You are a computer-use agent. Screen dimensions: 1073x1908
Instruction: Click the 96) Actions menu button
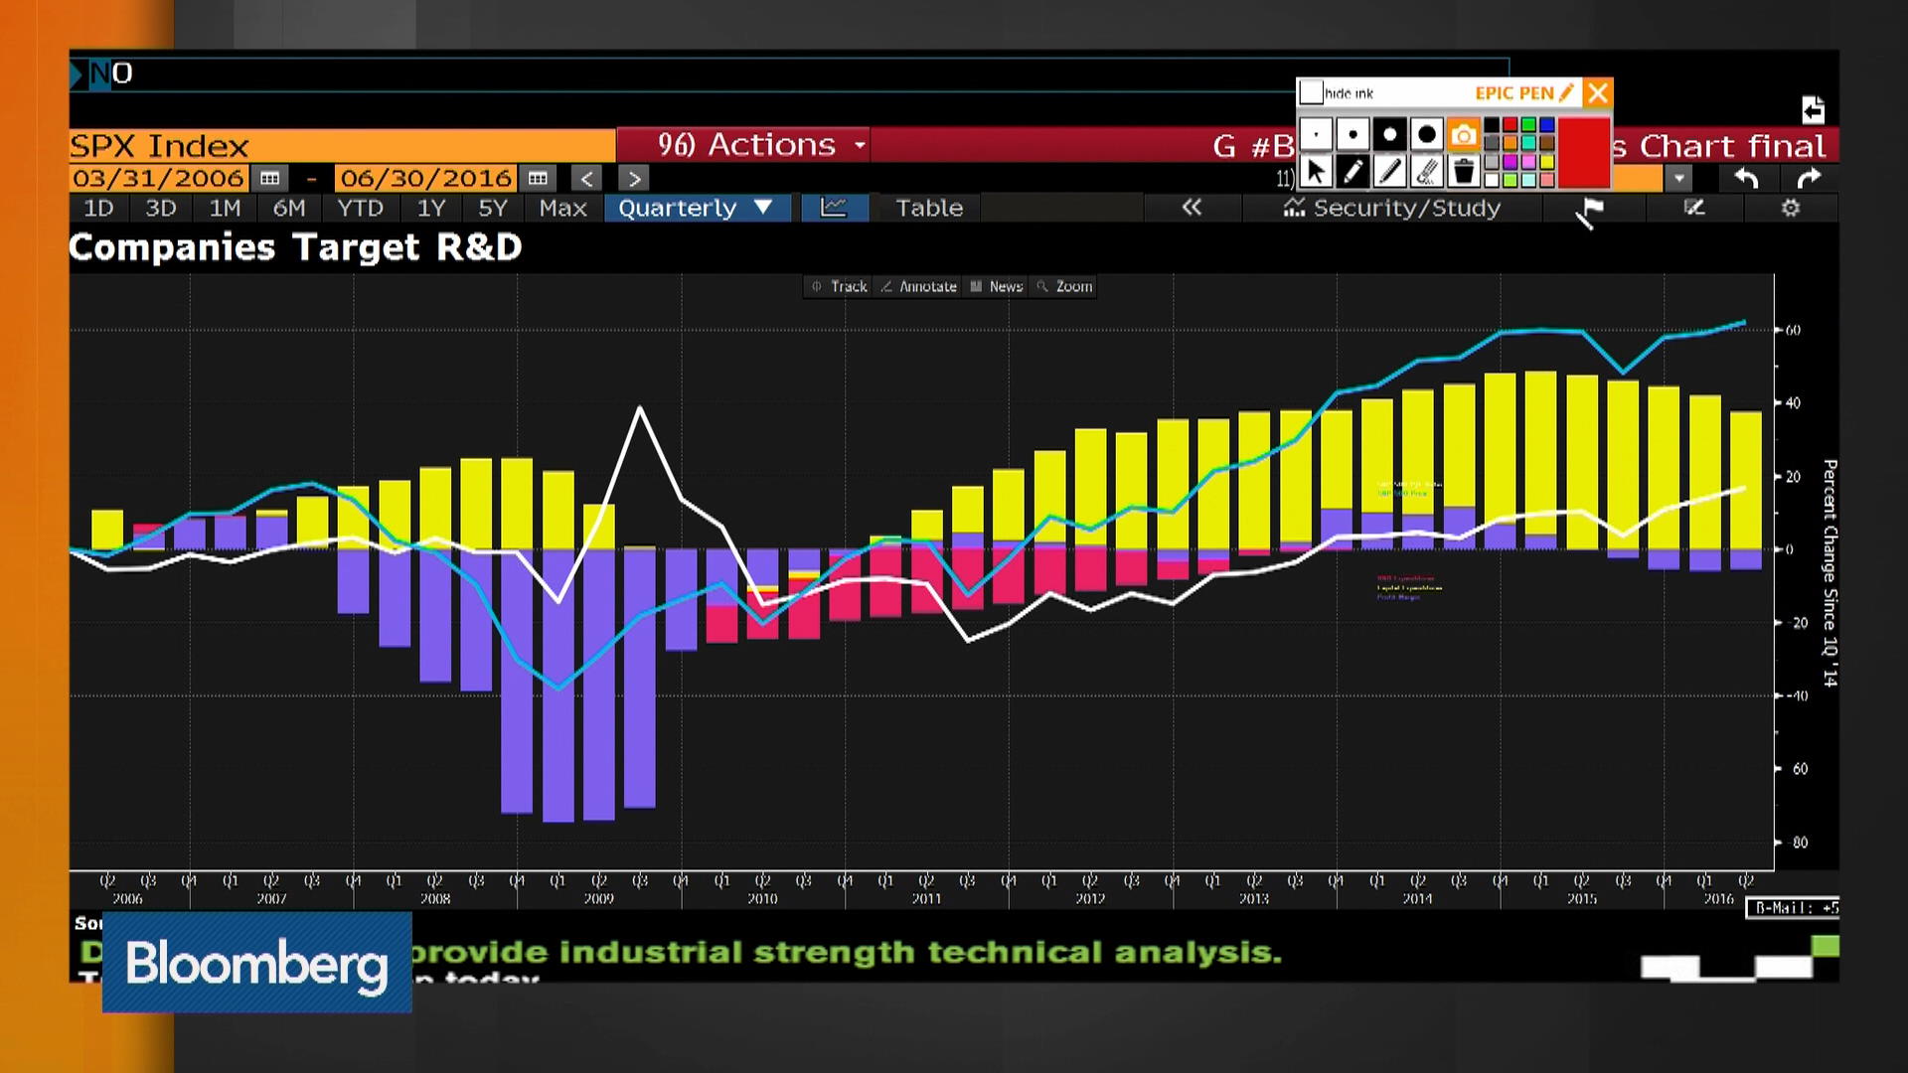click(x=760, y=145)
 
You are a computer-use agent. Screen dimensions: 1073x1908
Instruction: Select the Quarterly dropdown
click(x=695, y=208)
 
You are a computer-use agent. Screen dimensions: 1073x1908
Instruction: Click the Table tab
click(x=928, y=208)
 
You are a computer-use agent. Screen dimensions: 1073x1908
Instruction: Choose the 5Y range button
click(x=492, y=208)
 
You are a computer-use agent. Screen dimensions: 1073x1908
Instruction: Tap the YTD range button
click(x=360, y=208)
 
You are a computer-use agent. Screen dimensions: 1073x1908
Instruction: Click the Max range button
click(x=562, y=208)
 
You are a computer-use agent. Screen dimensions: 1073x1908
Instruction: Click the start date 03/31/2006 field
click(x=159, y=179)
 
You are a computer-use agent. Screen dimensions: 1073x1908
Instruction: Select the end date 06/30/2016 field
click(x=425, y=179)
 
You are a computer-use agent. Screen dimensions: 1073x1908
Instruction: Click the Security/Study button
click(x=1393, y=208)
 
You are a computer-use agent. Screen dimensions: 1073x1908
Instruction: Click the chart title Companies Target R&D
click(x=295, y=247)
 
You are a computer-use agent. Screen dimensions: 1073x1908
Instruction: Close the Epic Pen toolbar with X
click(x=1597, y=92)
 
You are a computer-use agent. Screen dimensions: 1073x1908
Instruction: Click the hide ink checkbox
click(x=1311, y=92)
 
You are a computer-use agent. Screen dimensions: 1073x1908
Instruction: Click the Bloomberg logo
click(x=256, y=963)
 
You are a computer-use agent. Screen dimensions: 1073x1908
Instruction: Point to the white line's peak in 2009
click(x=640, y=407)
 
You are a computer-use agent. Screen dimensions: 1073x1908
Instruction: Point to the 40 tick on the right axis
click(x=1793, y=403)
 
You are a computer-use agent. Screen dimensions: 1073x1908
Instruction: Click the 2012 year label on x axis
click(x=1090, y=898)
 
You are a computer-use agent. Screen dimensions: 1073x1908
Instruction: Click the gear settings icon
click(x=1790, y=208)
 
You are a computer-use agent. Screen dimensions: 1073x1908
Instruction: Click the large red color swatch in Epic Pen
click(x=1583, y=152)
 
